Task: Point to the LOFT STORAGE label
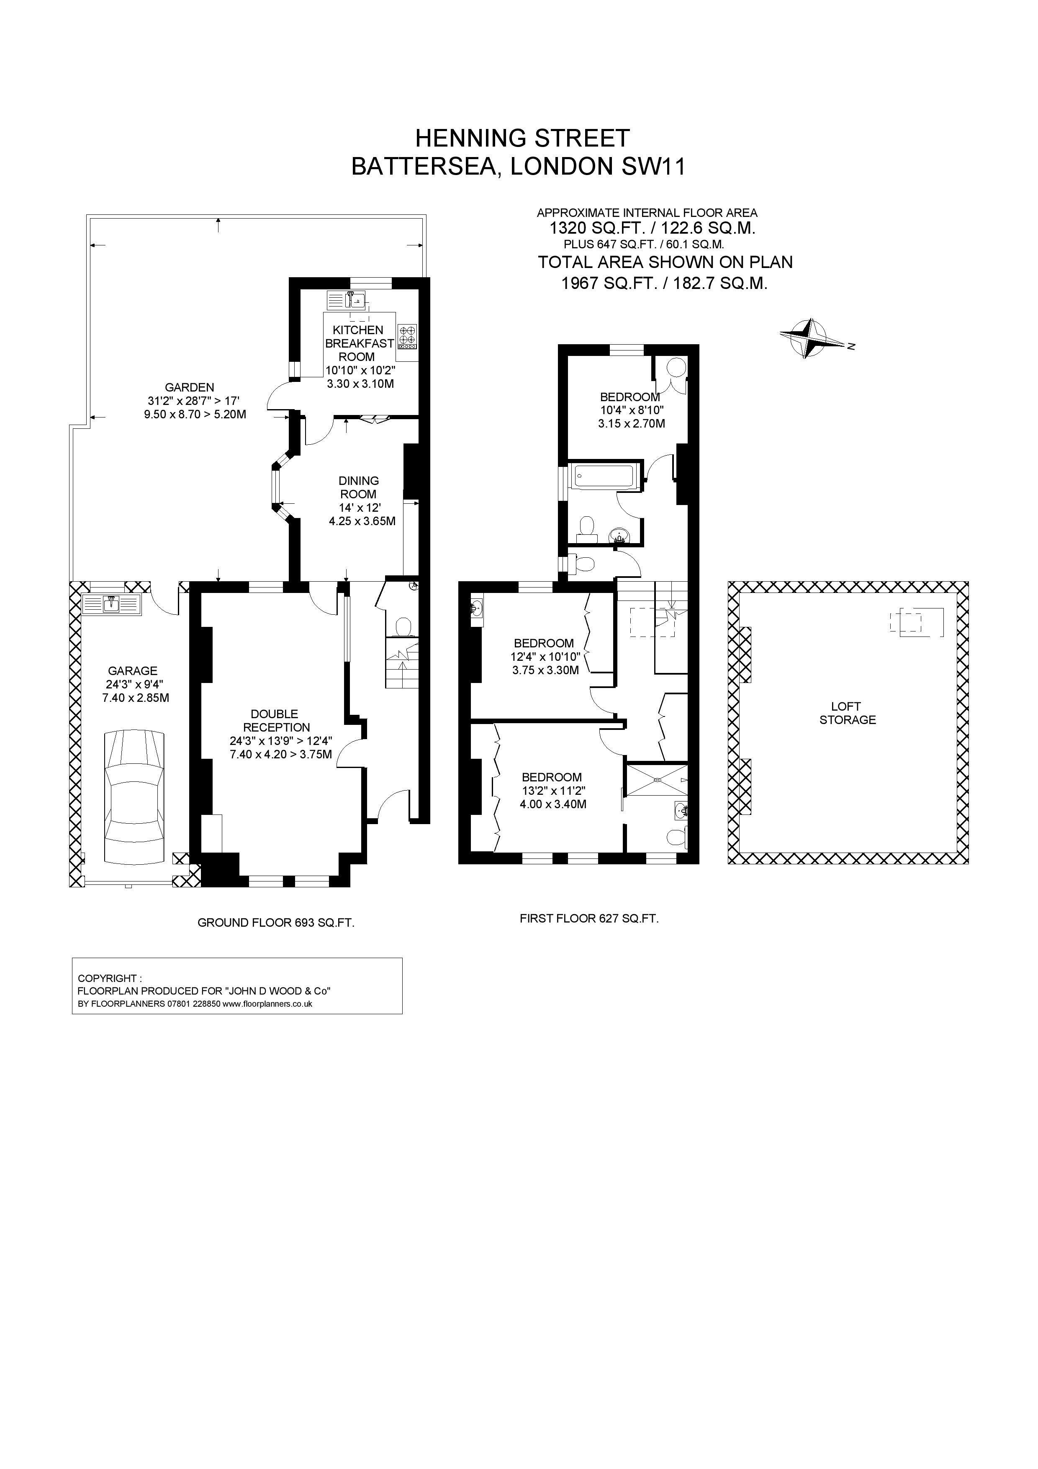[848, 713]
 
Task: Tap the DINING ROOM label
[358, 487]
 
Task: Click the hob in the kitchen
[407, 337]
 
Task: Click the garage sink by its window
[111, 605]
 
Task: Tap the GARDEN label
[189, 387]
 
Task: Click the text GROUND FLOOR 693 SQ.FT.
[276, 923]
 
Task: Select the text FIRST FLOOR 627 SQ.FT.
[589, 919]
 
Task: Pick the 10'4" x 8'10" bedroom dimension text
[631, 410]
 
